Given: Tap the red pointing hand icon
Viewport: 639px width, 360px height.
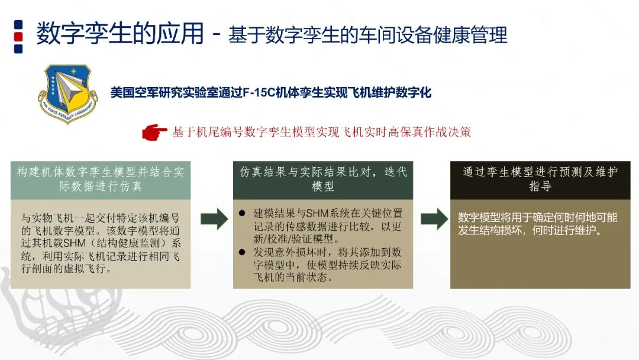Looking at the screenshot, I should pos(154,131).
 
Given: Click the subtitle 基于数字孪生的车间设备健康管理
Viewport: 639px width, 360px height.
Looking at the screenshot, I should pos(367,35).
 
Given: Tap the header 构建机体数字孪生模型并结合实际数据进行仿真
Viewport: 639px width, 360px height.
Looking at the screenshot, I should pos(100,179).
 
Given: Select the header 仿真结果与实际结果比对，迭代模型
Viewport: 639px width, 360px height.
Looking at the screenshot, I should pos(323,179).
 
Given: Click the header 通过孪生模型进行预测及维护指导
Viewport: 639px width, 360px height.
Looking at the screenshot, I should pos(540,179).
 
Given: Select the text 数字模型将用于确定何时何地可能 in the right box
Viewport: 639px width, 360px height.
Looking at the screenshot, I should pos(538,217).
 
